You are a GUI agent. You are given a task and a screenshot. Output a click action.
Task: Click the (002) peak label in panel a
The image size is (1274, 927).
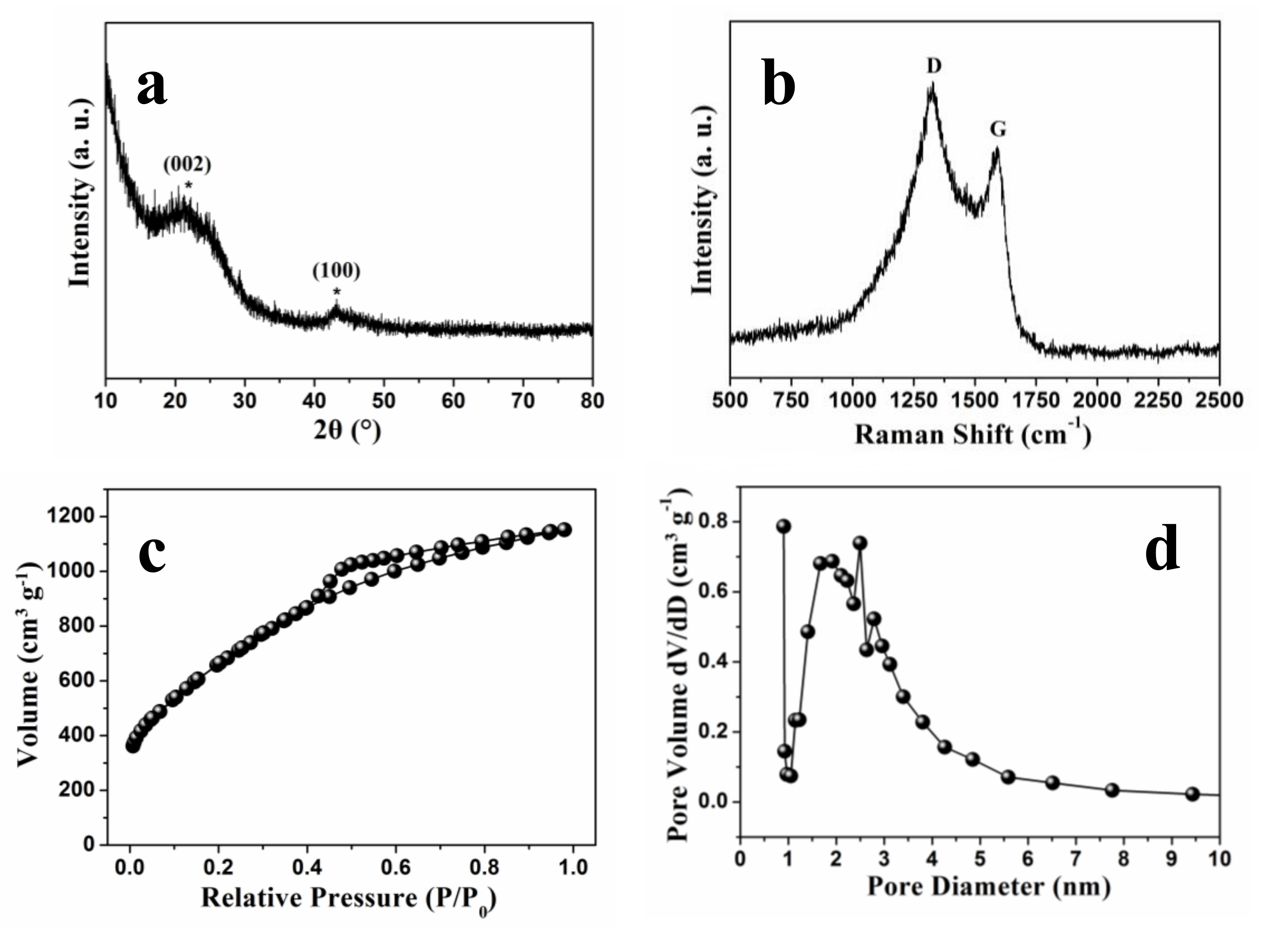[187, 165]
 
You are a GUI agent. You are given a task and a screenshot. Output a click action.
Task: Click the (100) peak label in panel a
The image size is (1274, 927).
[337, 271]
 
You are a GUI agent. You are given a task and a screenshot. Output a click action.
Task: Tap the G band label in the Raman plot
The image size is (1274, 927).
[998, 130]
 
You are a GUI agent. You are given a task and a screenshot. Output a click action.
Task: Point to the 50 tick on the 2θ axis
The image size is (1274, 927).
[384, 400]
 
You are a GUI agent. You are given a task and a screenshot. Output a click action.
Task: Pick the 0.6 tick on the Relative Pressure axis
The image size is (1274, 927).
[395, 866]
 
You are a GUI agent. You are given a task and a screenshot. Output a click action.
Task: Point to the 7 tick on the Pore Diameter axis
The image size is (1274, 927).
[1075, 859]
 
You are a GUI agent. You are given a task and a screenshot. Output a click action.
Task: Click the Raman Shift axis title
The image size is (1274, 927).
[972, 434]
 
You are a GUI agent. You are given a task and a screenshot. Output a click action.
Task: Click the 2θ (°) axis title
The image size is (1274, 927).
[347, 431]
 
